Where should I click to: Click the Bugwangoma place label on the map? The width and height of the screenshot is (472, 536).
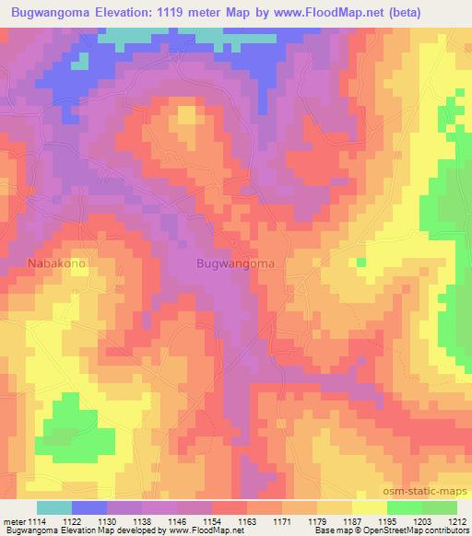(x=235, y=262)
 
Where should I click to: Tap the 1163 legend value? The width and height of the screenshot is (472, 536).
(x=246, y=520)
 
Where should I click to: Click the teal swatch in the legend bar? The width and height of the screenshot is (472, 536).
(x=54, y=507)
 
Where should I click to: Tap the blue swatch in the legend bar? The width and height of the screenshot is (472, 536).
(x=89, y=507)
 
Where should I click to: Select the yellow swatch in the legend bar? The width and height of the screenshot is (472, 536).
(x=369, y=507)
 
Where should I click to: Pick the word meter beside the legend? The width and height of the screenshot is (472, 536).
(x=14, y=520)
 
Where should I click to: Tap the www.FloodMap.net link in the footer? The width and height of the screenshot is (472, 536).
(x=197, y=531)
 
